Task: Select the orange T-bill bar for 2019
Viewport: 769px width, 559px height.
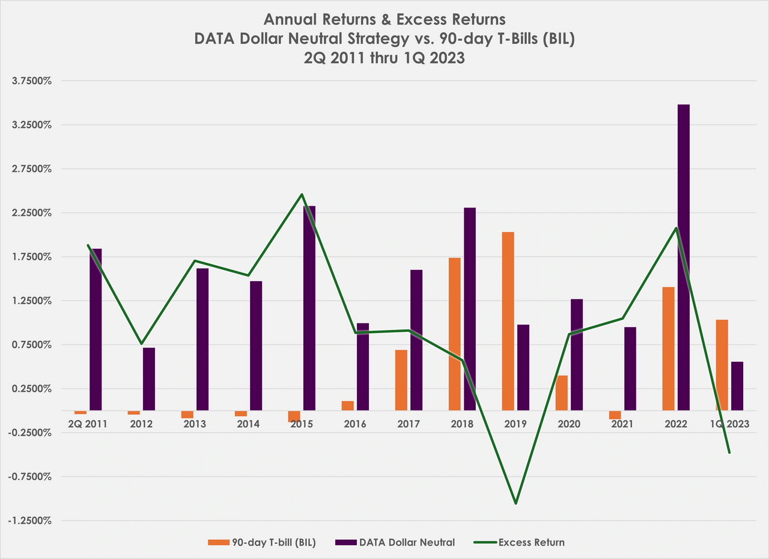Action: point(508,321)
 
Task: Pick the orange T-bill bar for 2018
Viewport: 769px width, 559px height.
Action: point(454,334)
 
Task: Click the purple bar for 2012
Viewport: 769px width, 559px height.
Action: point(149,379)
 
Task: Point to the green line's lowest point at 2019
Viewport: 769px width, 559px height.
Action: point(515,503)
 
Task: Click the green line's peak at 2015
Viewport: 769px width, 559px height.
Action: point(302,194)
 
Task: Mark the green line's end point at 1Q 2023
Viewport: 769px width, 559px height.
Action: point(729,453)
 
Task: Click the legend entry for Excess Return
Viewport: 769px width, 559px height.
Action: point(532,542)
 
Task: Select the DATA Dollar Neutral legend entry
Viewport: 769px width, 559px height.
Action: point(407,542)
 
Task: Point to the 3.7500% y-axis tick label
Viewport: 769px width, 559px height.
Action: point(32,81)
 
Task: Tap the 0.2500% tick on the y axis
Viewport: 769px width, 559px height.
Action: point(32,389)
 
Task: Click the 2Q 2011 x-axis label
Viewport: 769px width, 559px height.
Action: point(87,424)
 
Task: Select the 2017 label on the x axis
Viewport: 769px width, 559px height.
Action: point(409,424)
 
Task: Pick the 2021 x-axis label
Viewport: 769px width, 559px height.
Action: point(622,424)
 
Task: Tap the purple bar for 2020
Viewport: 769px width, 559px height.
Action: point(577,355)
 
